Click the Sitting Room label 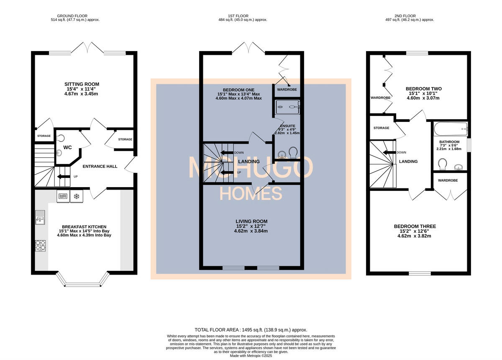tap(82, 84)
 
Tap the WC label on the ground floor tap(67, 147)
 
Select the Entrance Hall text tap(100, 167)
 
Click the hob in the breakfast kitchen tap(40, 245)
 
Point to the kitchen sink tap(40, 217)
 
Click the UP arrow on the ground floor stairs tap(64, 177)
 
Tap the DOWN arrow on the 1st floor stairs tap(227, 153)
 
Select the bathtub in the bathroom tap(451, 129)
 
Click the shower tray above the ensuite tap(287, 107)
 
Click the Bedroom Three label tap(415, 226)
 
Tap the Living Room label tap(251, 221)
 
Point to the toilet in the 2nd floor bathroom tap(442, 164)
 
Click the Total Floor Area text tap(251, 330)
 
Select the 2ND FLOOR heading tap(405, 16)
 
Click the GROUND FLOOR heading tap(72, 16)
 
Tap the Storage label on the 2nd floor tap(381, 128)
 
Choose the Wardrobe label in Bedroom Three tap(448, 180)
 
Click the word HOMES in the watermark tap(251, 193)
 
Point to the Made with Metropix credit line tap(251, 356)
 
